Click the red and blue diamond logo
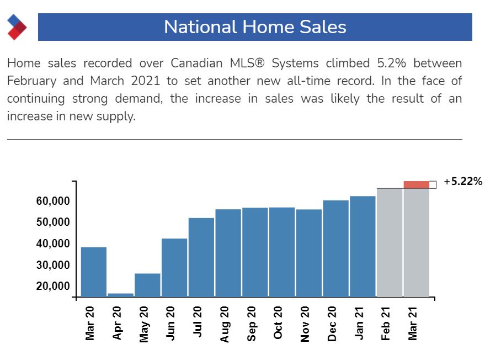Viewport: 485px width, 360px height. [x=17, y=27]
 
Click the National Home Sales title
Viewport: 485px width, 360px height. [x=255, y=27]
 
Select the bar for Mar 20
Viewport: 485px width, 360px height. [x=94, y=272]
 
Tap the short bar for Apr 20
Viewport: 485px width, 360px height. [x=120, y=295]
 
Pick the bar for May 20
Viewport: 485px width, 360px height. [x=147, y=285]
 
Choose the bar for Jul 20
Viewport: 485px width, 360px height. [x=201, y=257]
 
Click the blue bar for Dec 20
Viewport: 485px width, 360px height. [x=335, y=248]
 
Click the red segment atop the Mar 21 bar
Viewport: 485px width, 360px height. [x=417, y=184]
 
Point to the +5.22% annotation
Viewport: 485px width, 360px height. [x=463, y=182]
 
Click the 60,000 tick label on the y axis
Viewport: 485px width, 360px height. [x=53, y=201]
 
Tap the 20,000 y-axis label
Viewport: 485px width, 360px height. [x=53, y=287]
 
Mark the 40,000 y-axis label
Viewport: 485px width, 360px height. [x=53, y=244]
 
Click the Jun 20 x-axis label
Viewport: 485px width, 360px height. [x=171, y=323]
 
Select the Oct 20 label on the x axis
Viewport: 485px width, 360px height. [x=279, y=323]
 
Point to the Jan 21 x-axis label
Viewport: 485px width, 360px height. [x=359, y=323]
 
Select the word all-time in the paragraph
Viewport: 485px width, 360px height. [x=319, y=81]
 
